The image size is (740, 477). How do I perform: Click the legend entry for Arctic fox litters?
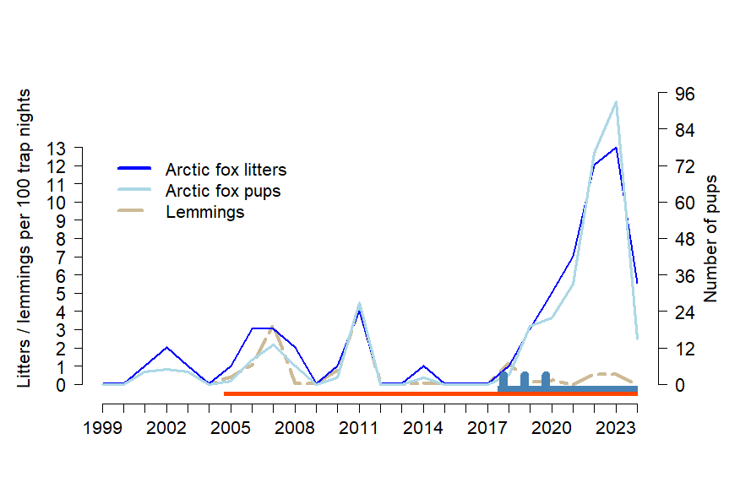tap(226, 170)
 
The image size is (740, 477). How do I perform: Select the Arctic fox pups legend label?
tap(222, 191)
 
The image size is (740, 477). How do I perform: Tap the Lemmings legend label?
tap(204, 212)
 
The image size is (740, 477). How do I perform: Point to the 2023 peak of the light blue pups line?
tap(616, 102)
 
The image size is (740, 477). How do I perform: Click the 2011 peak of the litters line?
tap(359, 311)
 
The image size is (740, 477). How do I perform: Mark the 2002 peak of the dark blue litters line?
tap(166, 348)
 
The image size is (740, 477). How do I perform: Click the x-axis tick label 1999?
tap(103, 430)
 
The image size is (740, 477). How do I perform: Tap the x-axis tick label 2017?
tap(487, 430)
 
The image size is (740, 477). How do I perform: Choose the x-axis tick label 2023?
tap(616, 430)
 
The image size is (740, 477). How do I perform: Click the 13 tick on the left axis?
tap(56, 148)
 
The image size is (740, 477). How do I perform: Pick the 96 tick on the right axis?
tap(681, 94)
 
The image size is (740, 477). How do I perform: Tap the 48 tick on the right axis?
tap(681, 239)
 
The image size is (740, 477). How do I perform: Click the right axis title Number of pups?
tap(710, 239)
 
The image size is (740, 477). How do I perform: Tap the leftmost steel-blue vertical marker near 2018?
tap(503, 379)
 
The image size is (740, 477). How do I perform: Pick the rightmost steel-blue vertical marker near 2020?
tap(546, 379)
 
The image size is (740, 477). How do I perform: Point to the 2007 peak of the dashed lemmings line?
tap(272, 328)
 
